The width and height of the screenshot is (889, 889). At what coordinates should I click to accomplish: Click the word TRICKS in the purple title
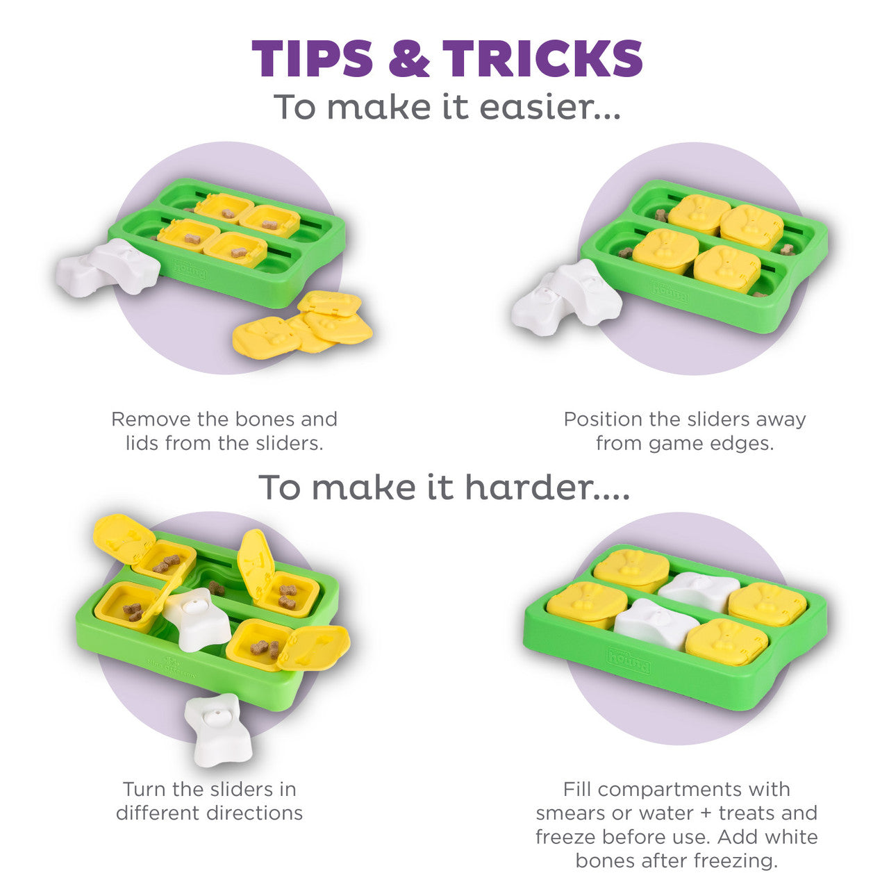(x=542, y=58)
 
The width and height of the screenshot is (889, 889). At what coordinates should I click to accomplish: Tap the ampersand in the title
(x=409, y=58)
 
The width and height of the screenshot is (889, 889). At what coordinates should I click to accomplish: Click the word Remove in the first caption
(x=151, y=419)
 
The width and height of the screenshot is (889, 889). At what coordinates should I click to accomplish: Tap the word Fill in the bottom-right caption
(x=577, y=790)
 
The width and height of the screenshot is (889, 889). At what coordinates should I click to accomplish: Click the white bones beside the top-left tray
(x=108, y=267)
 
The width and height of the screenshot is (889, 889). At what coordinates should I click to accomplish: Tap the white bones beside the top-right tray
(x=566, y=294)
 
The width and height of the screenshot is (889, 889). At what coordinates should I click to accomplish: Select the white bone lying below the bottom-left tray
(x=219, y=730)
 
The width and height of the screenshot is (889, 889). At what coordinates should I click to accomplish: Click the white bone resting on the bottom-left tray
(x=198, y=618)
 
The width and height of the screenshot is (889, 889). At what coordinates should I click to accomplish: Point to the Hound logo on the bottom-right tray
(x=629, y=660)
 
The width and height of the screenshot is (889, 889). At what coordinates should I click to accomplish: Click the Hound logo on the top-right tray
(x=668, y=292)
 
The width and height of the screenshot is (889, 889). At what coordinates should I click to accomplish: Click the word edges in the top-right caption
(x=745, y=444)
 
